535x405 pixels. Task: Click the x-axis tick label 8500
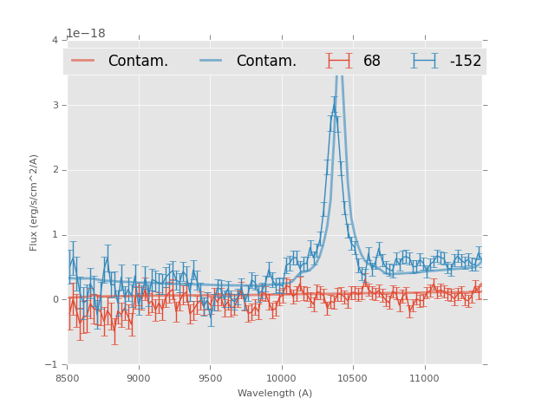pyautogui.click(x=67, y=379)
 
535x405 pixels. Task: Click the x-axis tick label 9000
pyautogui.click(x=139, y=379)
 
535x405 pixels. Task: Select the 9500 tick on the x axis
pyautogui.click(x=210, y=379)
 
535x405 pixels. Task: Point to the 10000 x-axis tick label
pyautogui.click(x=282, y=379)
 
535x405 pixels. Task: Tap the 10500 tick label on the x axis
pyautogui.click(x=353, y=379)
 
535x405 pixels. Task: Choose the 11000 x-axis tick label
pyautogui.click(x=425, y=379)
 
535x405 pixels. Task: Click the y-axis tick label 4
pyautogui.click(x=55, y=40)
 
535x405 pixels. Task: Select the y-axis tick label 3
pyautogui.click(x=55, y=105)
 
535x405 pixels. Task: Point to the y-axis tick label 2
pyautogui.click(x=55, y=170)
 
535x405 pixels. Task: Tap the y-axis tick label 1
pyautogui.click(x=55, y=235)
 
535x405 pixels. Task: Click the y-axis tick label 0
pyautogui.click(x=55, y=300)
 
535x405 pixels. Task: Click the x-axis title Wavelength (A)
pyautogui.click(x=275, y=394)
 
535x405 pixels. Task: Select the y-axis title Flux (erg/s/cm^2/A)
pyautogui.click(x=34, y=202)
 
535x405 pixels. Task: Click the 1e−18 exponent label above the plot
pyautogui.click(x=86, y=33)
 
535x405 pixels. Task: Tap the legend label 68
pyautogui.click(x=372, y=62)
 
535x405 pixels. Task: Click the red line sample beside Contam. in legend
pyautogui.click(x=83, y=61)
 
